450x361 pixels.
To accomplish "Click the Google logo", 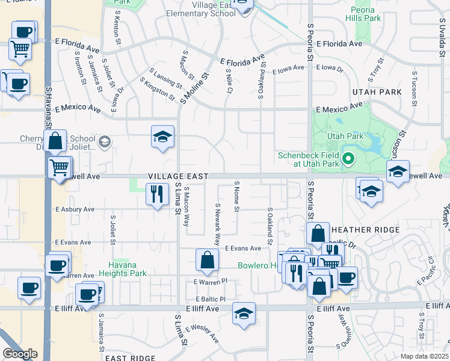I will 20,354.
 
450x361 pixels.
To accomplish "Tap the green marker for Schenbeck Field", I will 348,160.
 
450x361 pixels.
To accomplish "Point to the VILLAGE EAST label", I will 178,176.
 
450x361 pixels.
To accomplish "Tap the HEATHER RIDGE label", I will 365,230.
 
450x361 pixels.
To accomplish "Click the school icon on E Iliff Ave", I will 244,314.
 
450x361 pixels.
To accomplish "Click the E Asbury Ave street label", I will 75,209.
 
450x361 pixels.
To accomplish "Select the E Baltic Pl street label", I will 209,299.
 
